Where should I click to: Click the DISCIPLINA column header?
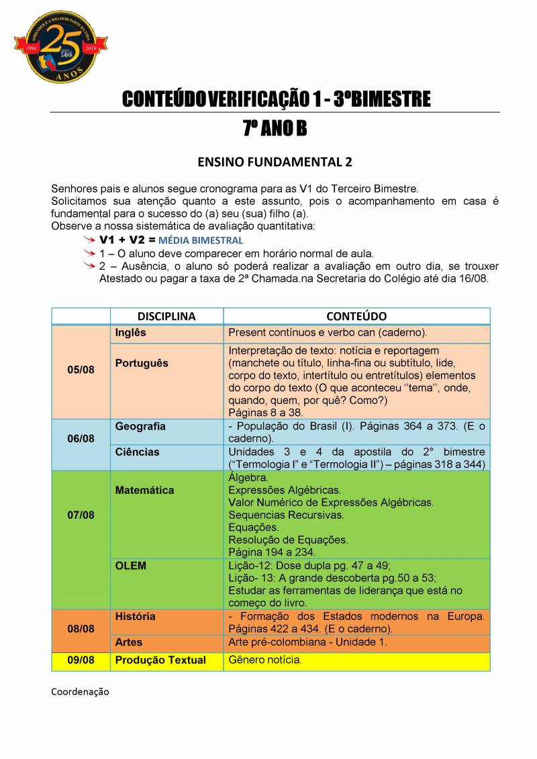coord(166,316)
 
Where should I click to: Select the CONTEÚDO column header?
coord(356,316)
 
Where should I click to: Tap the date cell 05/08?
coord(81,370)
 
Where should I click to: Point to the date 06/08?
coord(81,438)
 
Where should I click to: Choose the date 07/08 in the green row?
coord(81,515)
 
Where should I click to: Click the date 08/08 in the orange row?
coord(81,629)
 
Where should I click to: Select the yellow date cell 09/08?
coord(81,660)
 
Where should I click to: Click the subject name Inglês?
coord(130,333)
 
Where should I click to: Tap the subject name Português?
coord(142,363)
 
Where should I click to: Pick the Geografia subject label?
coord(140,426)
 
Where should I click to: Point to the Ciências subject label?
coord(137,452)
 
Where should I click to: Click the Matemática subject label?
coord(144,490)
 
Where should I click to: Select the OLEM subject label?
coord(130,566)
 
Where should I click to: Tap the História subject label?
coord(135,616)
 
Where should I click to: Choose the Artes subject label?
coord(129,642)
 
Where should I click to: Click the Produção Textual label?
coord(160,660)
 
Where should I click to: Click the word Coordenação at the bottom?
coord(80,691)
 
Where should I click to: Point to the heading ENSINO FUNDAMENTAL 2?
coord(275,162)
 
